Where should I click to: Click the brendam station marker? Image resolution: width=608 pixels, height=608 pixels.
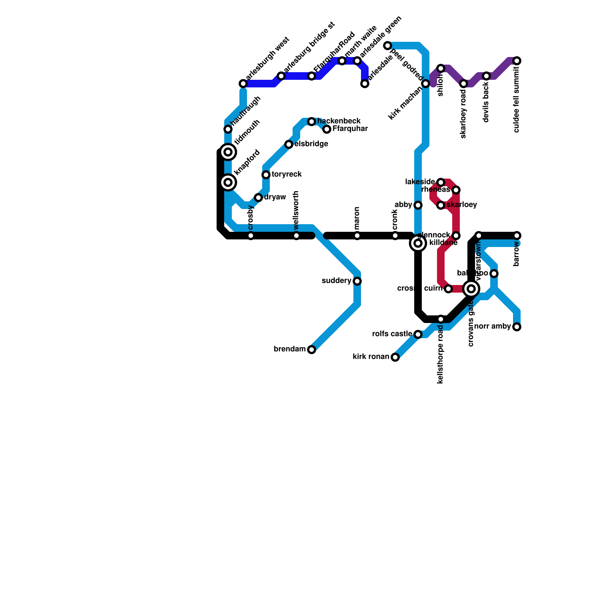[312, 350]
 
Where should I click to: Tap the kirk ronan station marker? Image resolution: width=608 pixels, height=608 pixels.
[395, 357]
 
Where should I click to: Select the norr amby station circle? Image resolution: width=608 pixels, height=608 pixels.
[517, 327]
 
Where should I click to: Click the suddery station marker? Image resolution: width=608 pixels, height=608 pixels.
[357, 281]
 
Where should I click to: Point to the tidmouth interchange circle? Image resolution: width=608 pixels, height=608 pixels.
[228, 152]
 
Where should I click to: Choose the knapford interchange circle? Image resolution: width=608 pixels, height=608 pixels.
[228, 182]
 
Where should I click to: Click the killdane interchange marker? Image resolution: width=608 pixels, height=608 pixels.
[418, 243]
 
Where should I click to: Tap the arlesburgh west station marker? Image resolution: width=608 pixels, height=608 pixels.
[243, 84]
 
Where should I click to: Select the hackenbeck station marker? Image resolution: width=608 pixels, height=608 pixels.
[312, 122]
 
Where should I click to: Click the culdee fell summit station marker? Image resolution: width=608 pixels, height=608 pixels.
[517, 61]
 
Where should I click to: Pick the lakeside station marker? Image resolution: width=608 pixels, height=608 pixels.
[441, 182]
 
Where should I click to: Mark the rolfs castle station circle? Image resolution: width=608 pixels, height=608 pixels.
[418, 334]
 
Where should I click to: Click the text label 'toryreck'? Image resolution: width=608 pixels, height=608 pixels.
[287, 174]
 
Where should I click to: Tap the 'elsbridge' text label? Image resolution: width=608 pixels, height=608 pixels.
[311, 144]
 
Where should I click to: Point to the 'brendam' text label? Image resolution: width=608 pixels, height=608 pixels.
[290, 349]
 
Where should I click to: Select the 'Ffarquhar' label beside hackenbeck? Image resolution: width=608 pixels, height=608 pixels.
[350, 129]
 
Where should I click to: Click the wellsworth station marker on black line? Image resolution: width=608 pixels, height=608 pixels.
[296, 236]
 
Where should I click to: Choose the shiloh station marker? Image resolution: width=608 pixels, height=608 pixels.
[441, 68]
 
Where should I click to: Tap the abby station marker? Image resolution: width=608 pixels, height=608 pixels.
[418, 205]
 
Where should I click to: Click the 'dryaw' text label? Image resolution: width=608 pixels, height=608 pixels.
[275, 197]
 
